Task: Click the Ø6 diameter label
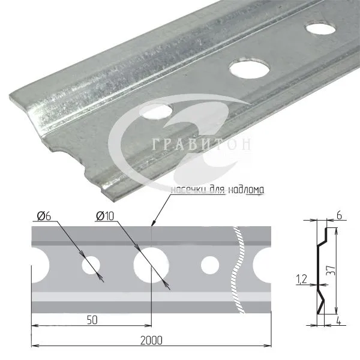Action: [x=44, y=216]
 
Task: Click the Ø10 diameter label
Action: [x=105, y=216]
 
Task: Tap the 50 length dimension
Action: [x=92, y=320]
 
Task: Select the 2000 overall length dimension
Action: [x=151, y=340]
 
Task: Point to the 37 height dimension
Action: [x=331, y=271]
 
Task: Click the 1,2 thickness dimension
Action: [x=302, y=279]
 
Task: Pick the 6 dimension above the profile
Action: [x=339, y=215]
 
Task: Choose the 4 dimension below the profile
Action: [x=338, y=320]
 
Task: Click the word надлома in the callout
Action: [x=247, y=190]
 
